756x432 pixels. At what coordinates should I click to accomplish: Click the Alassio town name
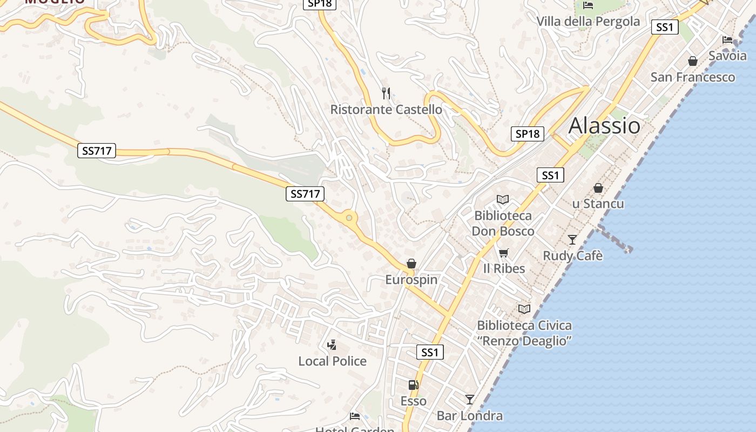(x=604, y=126)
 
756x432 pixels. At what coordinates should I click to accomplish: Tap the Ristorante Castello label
(x=386, y=110)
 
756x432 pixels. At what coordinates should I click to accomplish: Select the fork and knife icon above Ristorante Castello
(x=386, y=93)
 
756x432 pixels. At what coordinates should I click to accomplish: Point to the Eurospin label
(x=411, y=280)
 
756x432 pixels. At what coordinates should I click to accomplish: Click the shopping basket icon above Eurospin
(x=411, y=264)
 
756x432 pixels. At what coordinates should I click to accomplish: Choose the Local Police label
(x=332, y=361)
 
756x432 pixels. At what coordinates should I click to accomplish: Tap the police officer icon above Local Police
(x=332, y=345)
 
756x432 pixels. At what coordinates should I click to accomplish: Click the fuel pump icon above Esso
(x=414, y=385)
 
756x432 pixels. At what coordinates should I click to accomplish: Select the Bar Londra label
(x=469, y=416)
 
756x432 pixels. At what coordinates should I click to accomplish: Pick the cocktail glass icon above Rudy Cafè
(x=572, y=239)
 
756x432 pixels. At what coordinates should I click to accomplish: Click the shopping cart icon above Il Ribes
(x=504, y=252)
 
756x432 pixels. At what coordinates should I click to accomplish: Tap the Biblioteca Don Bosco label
(x=503, y=224)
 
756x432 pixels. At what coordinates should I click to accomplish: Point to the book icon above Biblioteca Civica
(x=524, y=309)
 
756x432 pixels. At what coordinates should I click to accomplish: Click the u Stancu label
(x=598, y=204)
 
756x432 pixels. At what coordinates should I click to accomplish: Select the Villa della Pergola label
(x=588, y=22)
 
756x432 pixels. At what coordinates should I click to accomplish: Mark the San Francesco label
(x=692, y=77)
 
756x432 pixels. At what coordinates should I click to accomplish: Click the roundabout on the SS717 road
(x=349, y=218)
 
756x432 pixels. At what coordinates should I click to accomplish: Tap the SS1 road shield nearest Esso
(x=430, y=353)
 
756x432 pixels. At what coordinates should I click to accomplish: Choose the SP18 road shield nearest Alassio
(x=527, y=133)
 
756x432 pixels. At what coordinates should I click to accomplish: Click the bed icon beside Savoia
(x=727, y=39)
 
